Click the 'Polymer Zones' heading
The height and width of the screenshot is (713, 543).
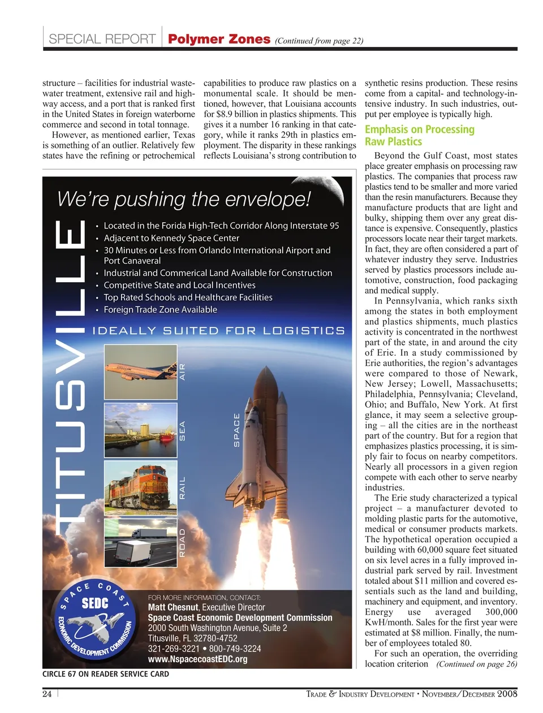tap(219, 39)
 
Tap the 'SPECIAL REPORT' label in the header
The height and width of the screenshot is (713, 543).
tap(102, 39)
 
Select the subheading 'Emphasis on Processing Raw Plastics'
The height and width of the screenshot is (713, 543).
tap(419, 136)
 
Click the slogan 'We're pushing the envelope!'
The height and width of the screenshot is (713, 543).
tap(184, 199)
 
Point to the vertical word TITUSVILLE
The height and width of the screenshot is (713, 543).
tap(70, 373)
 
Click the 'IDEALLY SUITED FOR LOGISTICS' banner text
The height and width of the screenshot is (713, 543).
tap(218, 331)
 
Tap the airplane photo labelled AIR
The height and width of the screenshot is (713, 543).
tap(141, 371)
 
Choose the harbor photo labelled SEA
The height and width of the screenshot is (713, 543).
tap(141, 430)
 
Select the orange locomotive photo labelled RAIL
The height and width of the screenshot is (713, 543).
tap(141, 487)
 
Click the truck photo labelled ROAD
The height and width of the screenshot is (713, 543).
tap(141, 542)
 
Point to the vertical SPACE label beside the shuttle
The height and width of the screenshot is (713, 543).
tap(237, 430)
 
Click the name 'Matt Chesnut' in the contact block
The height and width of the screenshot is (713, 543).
tap(173, 607)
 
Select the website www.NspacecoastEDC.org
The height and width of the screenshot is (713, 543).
tap(197, 659)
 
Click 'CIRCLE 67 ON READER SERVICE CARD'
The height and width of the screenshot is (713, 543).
tap(106, 674)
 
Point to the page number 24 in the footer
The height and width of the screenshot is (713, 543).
tap(47, 694)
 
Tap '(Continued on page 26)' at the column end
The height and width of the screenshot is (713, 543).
tap(476, 664)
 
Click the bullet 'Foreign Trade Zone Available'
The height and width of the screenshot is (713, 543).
tap(160, 310)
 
